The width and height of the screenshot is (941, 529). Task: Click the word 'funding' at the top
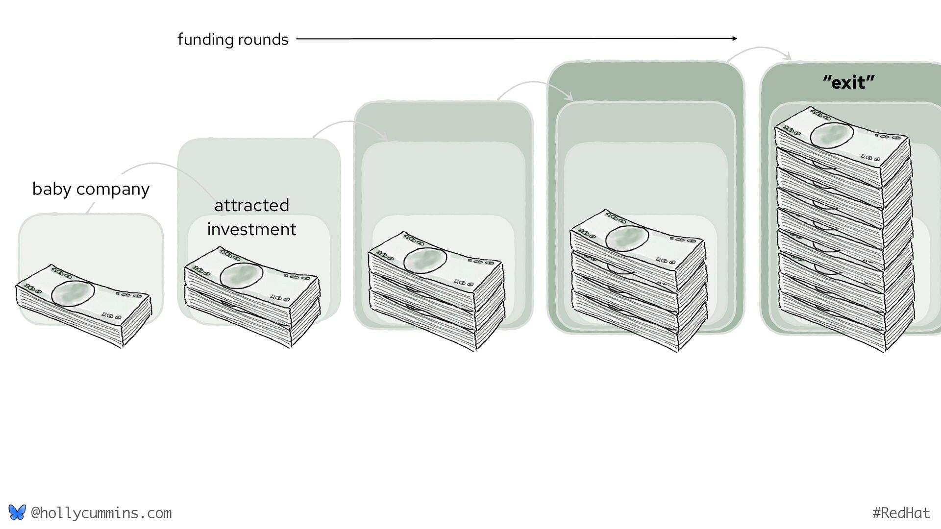pos(202,39)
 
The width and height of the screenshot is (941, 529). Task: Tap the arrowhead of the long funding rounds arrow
pos(734,38)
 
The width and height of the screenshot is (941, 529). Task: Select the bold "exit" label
pos(848,82)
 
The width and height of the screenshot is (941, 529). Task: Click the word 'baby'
pos(51,189)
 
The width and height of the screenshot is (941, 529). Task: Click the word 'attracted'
pos(251,205)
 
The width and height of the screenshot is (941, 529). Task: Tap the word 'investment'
pos(251,229)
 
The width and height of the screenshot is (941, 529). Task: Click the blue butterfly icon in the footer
pos(17,512)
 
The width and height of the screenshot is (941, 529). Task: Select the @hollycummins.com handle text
pos(101,513)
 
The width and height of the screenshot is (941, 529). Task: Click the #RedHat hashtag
pos(901,513)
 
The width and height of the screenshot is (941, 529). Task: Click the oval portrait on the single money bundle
pos(73,294)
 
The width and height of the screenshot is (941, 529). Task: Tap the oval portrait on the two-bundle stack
pos(241,275)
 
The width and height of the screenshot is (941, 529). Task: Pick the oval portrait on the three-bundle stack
pos(425,260)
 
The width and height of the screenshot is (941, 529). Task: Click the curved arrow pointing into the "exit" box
pos(760,49)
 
